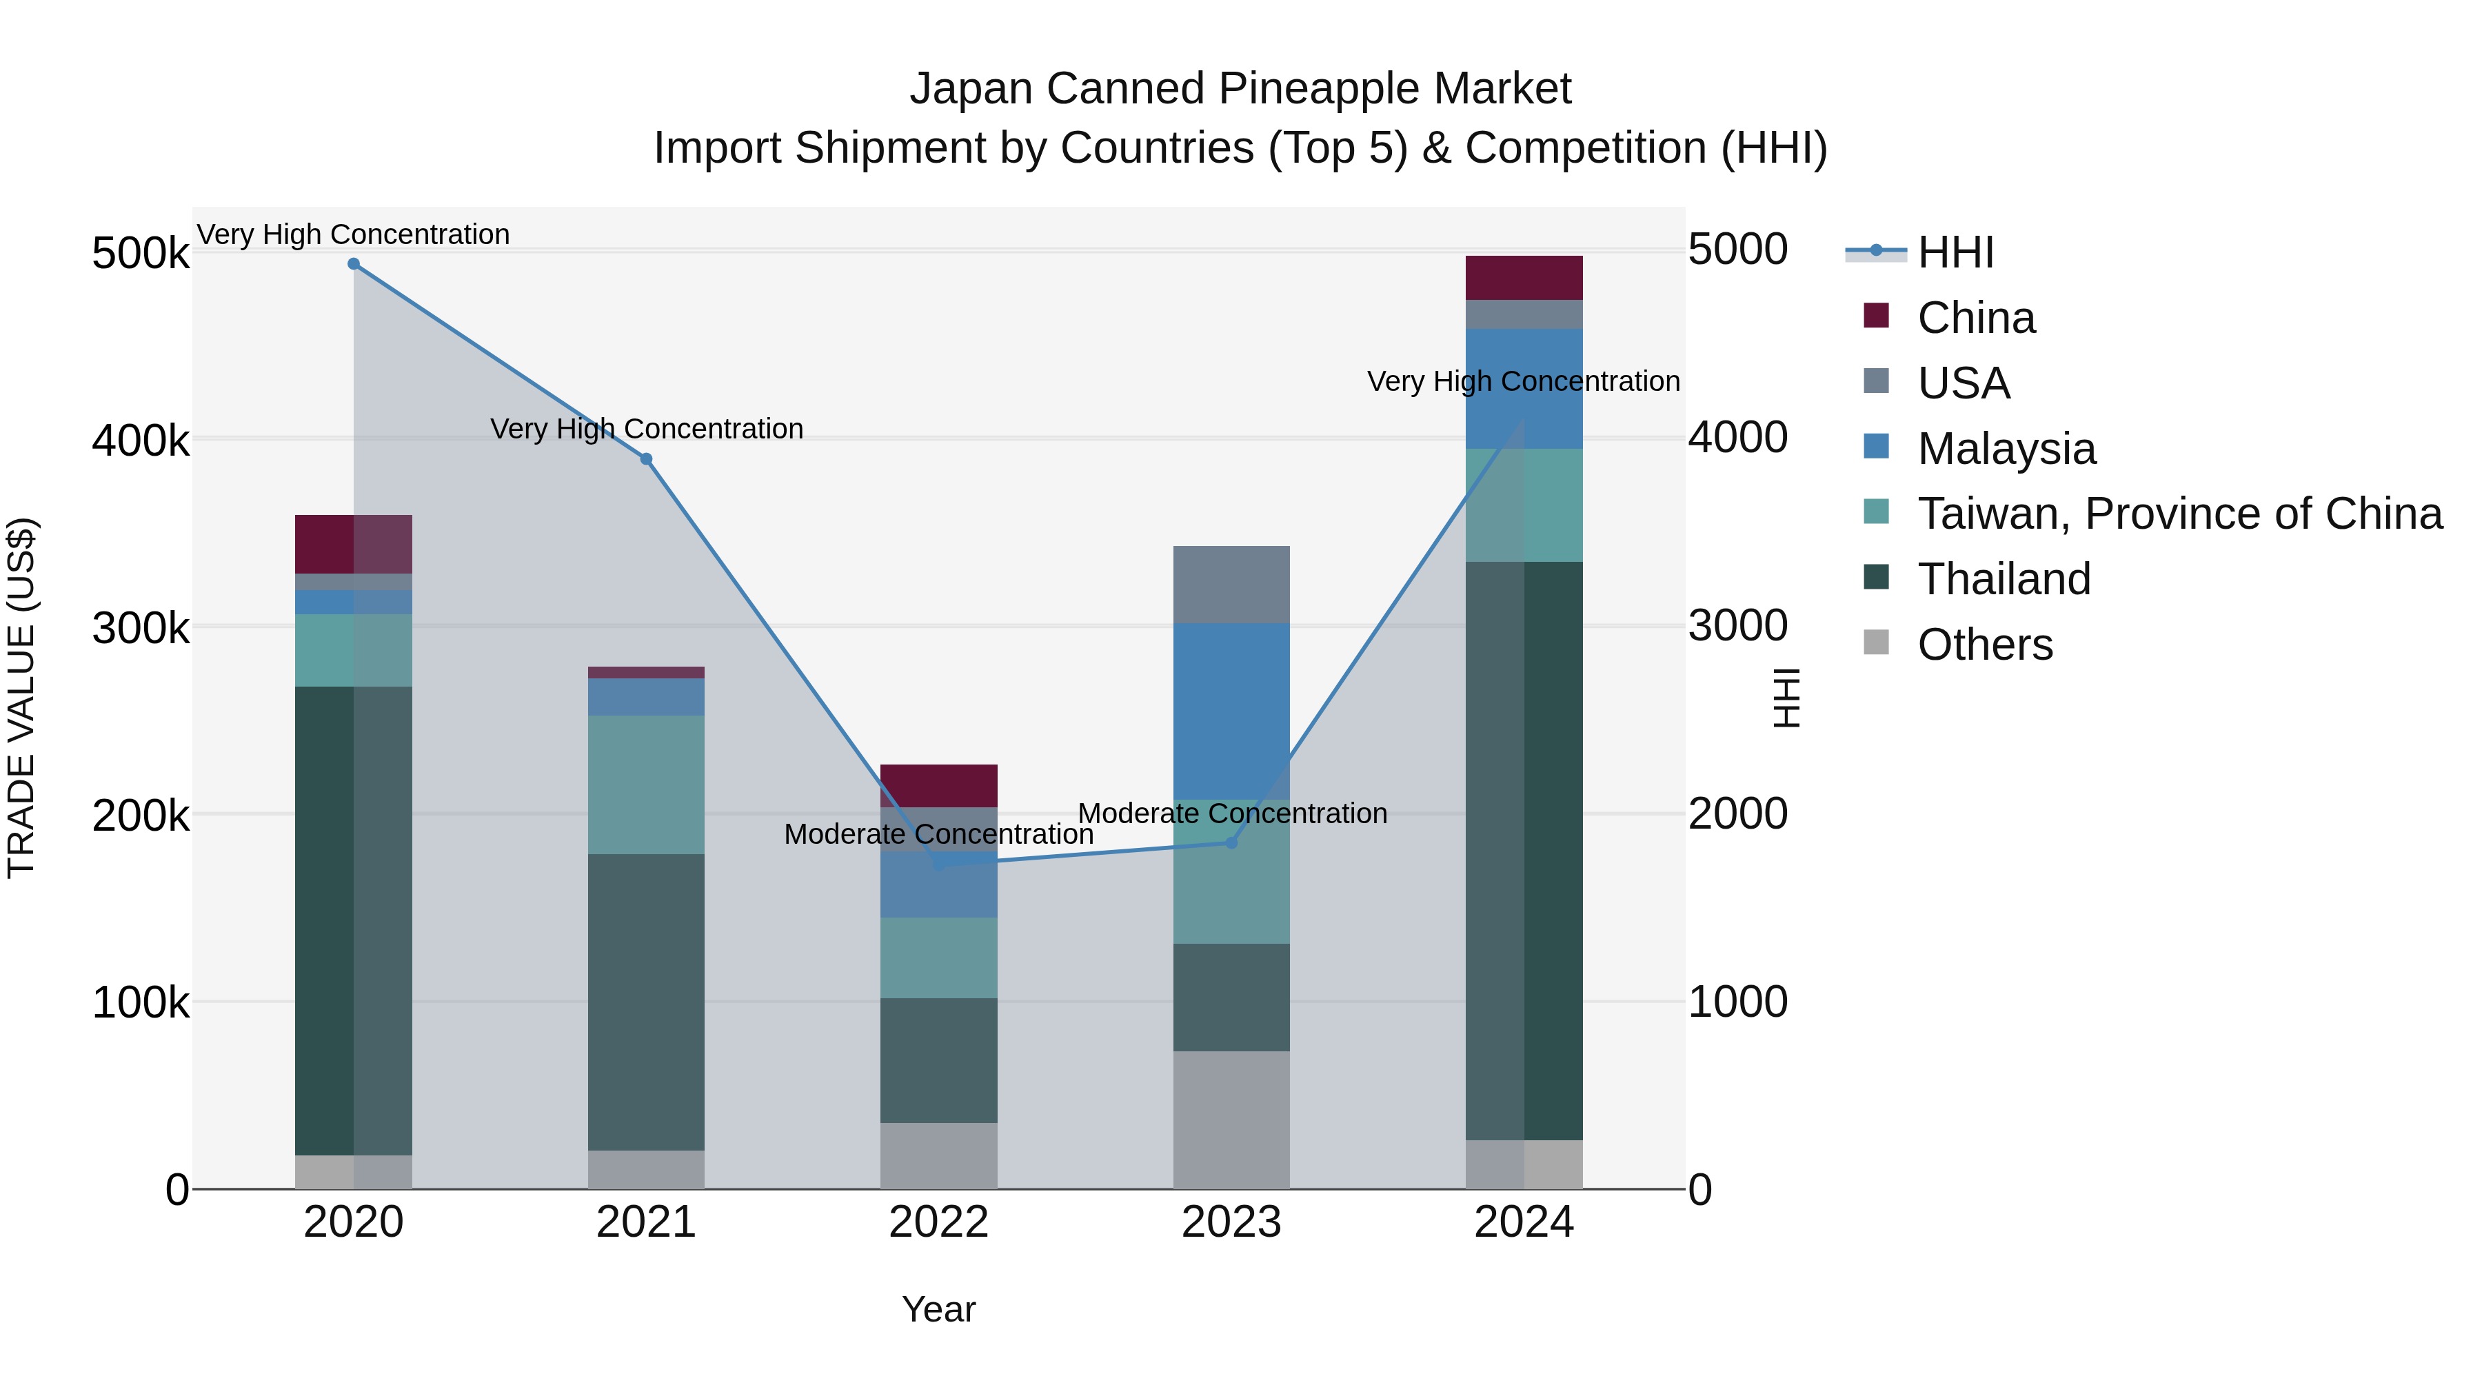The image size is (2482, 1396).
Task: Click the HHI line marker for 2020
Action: pos(354,264)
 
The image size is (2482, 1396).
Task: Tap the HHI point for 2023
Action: pos(1231,843)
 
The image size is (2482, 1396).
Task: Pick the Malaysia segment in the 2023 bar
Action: pos(1231,711)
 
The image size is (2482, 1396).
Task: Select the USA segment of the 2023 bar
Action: pos(1231,585)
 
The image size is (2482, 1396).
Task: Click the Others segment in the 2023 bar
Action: pos(1231,1120)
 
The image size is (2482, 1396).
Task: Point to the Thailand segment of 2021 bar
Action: pos(647,1002)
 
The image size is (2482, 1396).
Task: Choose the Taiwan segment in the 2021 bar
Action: pos(647,785)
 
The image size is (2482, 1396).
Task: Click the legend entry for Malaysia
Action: pos(2006,449)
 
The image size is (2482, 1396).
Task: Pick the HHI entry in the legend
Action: pos(1955,252)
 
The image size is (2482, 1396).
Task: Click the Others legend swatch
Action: pos(1876,643)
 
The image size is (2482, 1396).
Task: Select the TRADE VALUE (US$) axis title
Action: pos(21,698)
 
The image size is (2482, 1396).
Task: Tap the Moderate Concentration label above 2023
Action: pos(1232,813)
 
